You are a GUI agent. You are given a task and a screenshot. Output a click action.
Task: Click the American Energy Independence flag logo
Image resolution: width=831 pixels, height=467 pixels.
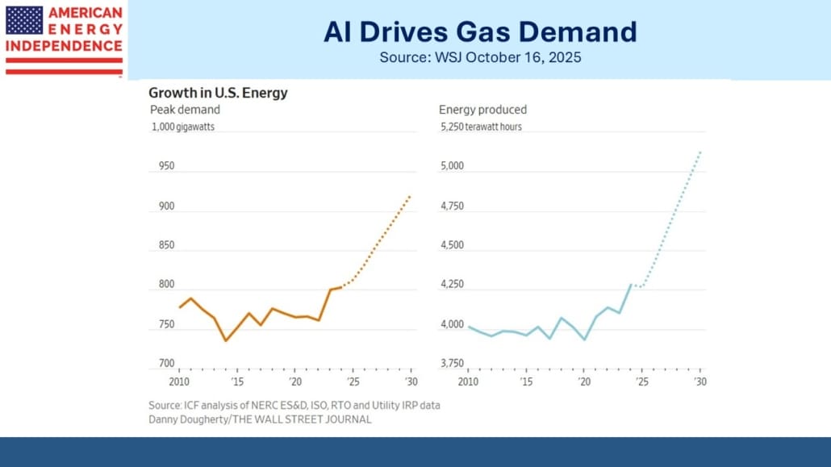coord(64,40)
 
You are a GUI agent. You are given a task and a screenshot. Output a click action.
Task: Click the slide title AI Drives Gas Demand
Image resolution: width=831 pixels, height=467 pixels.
coord(479,31)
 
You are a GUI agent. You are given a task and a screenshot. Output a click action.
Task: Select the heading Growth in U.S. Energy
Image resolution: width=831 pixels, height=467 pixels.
coord(218,93)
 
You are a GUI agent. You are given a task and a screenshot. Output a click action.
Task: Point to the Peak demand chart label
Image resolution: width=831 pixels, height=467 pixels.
coord(185,110)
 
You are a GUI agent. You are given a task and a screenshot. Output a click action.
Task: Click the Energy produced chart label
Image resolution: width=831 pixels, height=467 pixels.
coord(482,110)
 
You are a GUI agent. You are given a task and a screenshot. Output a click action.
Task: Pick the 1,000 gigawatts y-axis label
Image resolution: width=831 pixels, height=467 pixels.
coord(183,127)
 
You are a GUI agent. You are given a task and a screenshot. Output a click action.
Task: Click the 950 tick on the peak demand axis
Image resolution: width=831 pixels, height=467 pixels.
coord(165,166)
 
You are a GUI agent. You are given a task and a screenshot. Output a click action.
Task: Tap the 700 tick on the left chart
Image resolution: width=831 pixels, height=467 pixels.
coord(165,364)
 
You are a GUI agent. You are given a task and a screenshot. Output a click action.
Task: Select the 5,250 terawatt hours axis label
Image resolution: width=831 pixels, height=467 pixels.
coord(480,127)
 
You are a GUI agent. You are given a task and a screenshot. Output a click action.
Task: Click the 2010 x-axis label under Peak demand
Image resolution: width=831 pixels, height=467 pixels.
coord(178,381)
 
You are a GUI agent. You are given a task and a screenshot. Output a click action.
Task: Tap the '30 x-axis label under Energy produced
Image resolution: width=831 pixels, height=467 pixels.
coord(699,381)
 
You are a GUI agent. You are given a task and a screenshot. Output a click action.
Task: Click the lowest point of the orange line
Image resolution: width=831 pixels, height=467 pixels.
coord(226,340)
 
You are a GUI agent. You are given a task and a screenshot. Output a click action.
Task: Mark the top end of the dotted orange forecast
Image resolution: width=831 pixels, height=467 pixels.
coord(411,195)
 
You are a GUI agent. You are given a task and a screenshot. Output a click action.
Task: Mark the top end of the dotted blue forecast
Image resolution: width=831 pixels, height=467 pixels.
coord(700,151)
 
